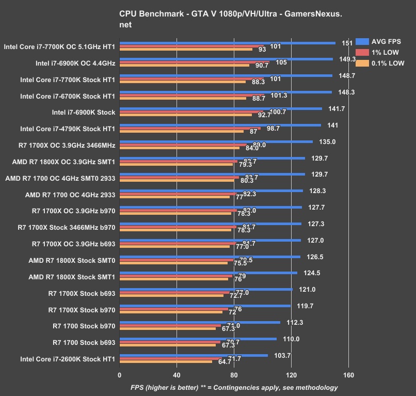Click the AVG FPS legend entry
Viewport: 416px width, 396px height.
click(x=386, y=42)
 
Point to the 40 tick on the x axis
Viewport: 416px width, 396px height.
click(x=177, y=375)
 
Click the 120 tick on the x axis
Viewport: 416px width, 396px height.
click(x=291, y=375)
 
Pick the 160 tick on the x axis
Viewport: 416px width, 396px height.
click(x=348, y=375)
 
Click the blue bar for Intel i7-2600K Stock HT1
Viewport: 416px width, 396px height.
click(x=194, y=355)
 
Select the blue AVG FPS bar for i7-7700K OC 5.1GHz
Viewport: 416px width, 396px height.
click(x=227, y=43)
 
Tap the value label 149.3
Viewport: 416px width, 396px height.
click(x=347, y=59)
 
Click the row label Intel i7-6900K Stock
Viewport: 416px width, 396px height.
click(x=84, y=112)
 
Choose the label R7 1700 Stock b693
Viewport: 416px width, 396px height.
click(x=84, y=342)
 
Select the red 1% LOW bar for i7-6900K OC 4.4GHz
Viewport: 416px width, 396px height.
click(x=194, y=62)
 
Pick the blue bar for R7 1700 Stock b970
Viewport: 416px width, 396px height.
click(x=200, y=322)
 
